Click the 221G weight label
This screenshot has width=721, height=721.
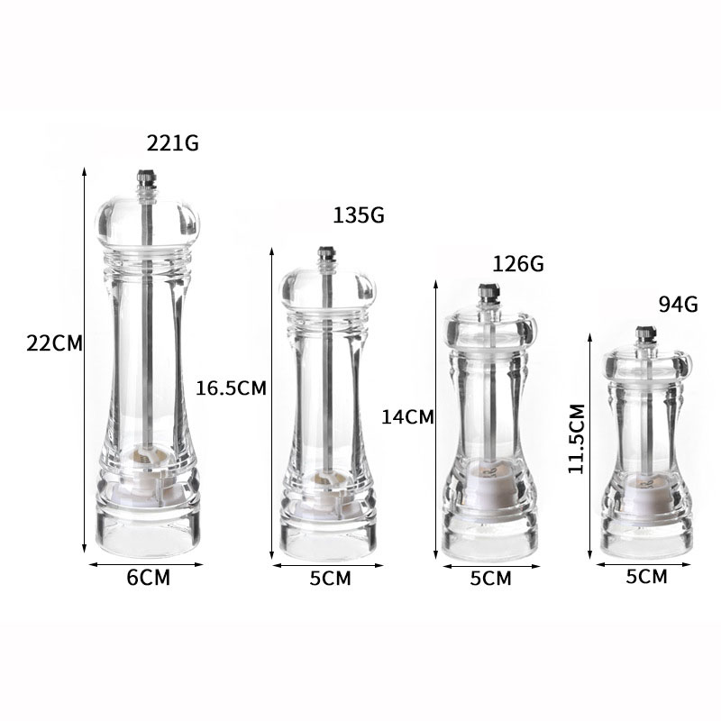pos(173,142)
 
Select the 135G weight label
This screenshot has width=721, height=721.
pos(359,216)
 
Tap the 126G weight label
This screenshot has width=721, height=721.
pos(518,264)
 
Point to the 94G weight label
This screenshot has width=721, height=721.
pos(679,304)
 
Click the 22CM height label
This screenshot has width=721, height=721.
pos(54,343)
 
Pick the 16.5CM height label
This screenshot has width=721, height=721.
pos(232,388)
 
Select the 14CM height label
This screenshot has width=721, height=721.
pos(407,416)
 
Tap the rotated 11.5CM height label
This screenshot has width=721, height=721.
pos(577,439)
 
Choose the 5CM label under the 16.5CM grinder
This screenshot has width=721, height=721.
pos(330,579)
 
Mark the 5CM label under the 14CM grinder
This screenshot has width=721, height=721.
pos(490,579)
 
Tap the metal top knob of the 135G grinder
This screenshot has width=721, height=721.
pos(325,258)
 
